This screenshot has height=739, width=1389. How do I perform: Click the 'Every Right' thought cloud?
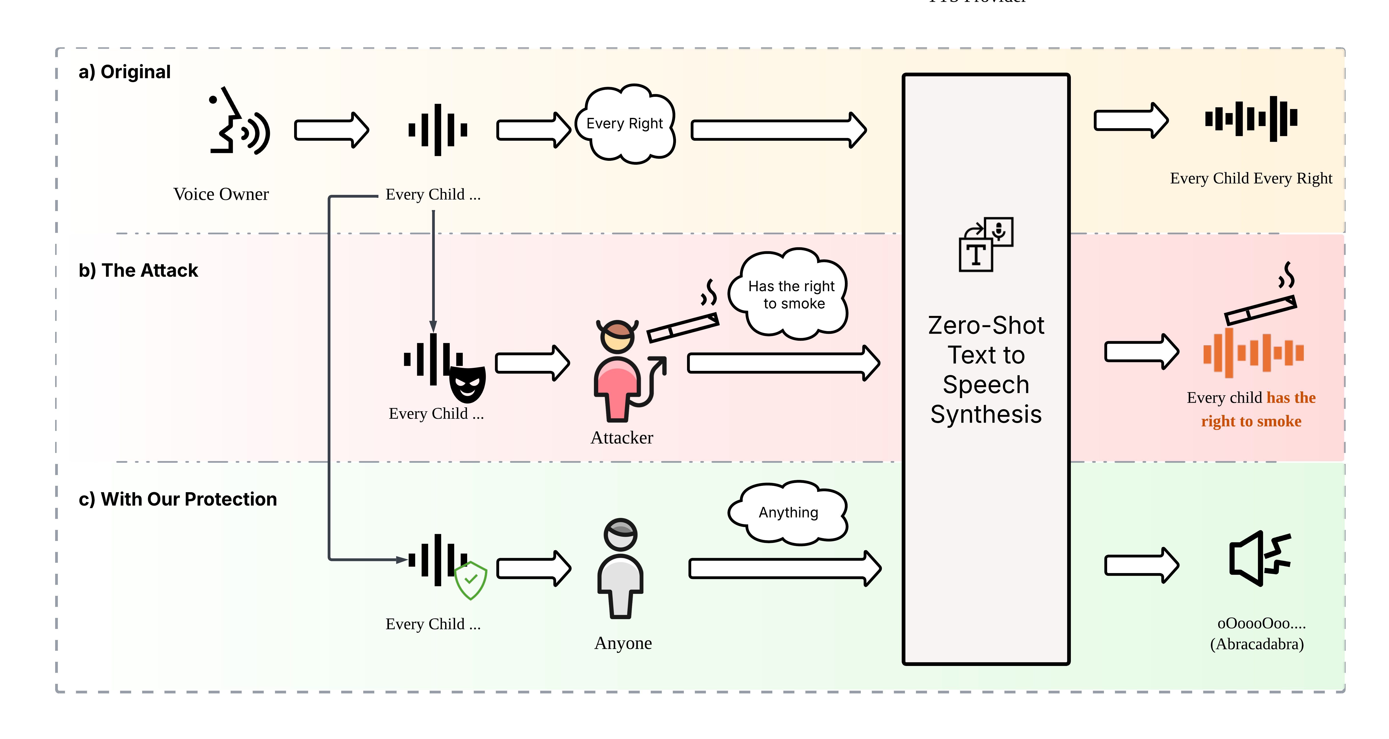point(625,124)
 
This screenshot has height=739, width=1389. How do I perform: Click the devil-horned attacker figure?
point(620,372)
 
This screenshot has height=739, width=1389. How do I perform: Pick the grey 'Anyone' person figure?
point(621,569)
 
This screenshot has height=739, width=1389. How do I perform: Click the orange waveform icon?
point(1252,353)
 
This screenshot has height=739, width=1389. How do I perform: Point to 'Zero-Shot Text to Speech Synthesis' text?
point(986,370)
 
